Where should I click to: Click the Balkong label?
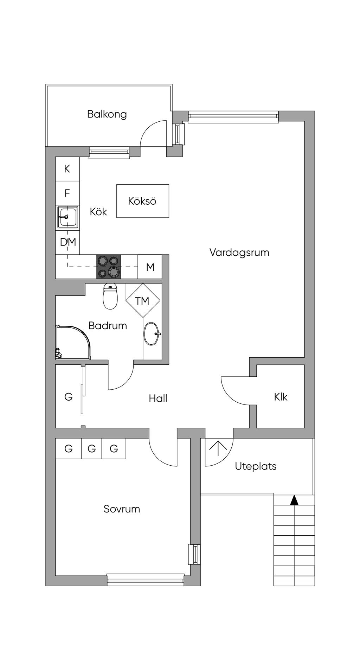107,114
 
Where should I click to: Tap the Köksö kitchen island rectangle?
143,201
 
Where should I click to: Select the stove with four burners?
109,267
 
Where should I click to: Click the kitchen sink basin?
67,217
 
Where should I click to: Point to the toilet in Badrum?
110,297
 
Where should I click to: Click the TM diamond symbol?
142,301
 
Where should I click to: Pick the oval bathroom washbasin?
152,334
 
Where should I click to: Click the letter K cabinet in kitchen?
67,169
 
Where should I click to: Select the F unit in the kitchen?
67,193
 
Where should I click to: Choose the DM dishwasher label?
68,242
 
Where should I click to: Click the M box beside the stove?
150,267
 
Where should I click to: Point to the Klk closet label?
281,397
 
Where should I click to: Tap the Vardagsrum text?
239,253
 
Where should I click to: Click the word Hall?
158,398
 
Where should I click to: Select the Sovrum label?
122,509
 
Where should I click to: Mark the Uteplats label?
256,466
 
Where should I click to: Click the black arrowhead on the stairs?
294,500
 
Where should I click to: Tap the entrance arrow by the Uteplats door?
218,448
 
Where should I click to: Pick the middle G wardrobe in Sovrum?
92,448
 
